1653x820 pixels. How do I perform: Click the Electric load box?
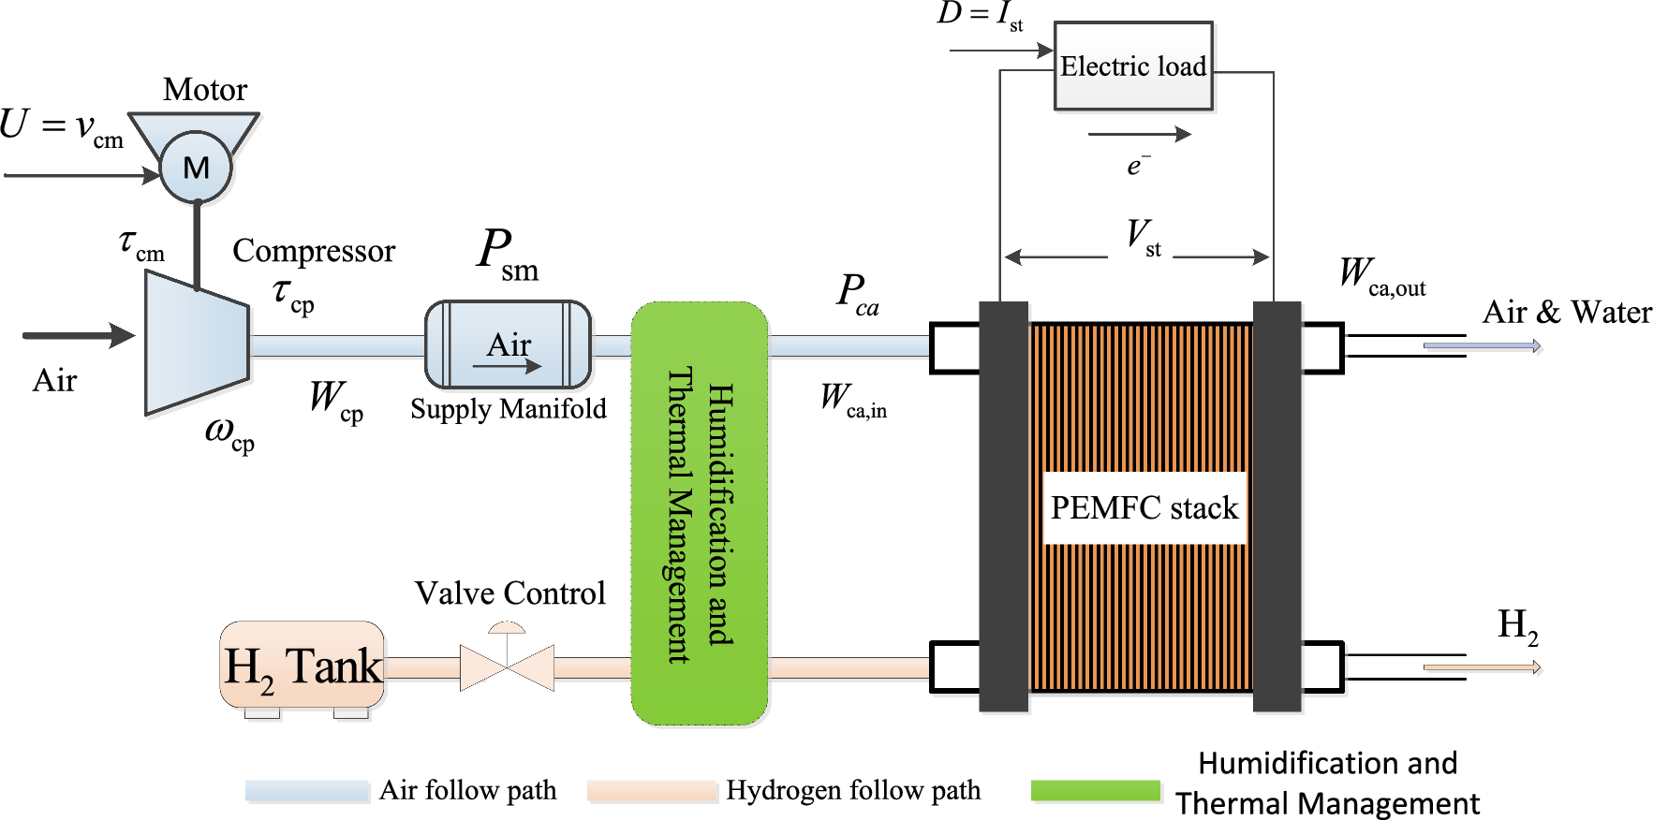coord(1133,66)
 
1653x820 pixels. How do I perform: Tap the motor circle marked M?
coord(196,168)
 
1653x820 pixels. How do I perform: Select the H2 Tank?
coord(303,666)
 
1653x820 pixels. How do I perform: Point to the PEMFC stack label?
coord(1144,507)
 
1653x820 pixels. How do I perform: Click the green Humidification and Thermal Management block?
coord(700,513)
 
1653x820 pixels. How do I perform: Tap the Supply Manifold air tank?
coord(509,344)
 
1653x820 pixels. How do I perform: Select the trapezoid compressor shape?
coord(197,343)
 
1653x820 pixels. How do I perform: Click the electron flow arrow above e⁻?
coord(1140,134)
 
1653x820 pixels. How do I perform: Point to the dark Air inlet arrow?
coord(79,335)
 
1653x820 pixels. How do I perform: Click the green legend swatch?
coord(1096,791)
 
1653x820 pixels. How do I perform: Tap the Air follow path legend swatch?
coord(307,791)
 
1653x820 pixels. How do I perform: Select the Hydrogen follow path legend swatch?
coord(652,791)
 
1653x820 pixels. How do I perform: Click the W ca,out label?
coord(1382,276)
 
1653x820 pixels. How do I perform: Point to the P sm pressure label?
coord(508,255)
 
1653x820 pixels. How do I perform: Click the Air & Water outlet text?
coord(1567,312)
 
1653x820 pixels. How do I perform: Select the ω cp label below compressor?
coord(229,434)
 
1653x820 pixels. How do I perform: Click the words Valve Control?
coord(510,593)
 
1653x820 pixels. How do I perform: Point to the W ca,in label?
coord(853,401)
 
